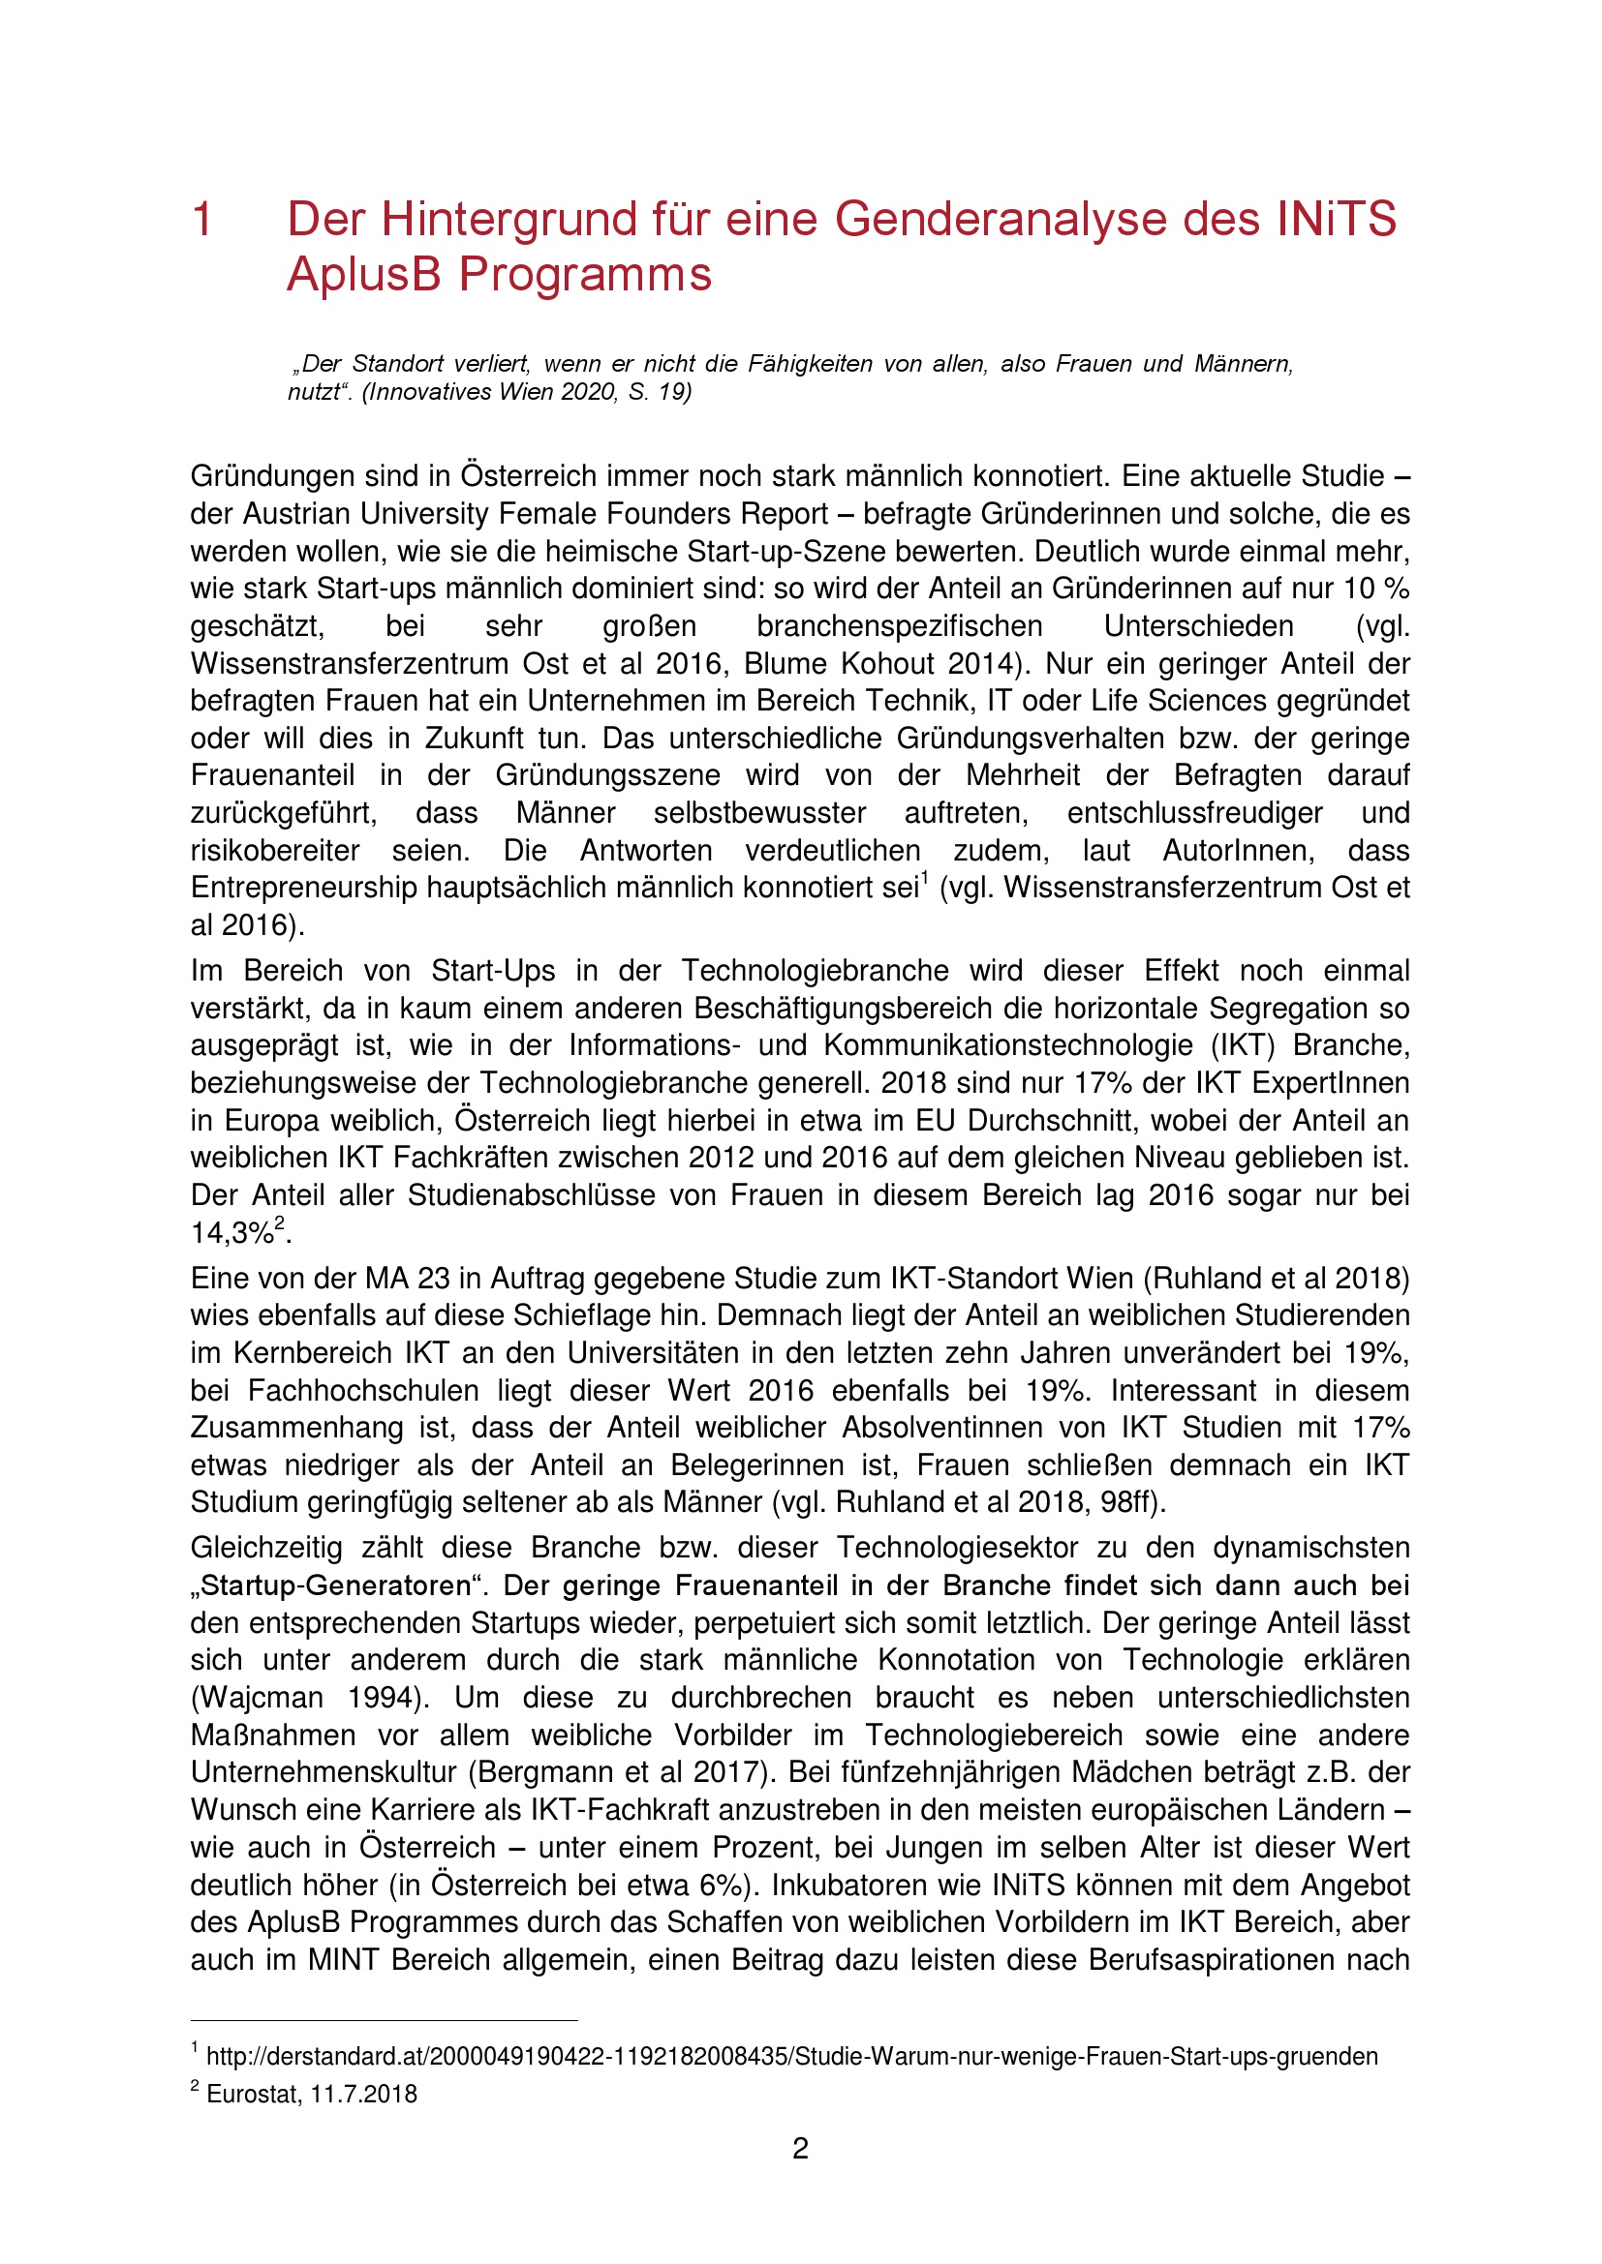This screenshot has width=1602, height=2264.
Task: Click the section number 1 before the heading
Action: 202,219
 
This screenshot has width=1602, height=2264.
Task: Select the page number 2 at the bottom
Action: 800,2148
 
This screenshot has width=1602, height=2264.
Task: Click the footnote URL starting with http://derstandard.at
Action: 791,2056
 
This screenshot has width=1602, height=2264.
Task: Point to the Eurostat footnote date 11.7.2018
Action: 363,2094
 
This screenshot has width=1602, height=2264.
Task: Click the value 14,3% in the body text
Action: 231,1232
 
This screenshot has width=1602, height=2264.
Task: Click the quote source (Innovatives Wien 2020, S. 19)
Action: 527,391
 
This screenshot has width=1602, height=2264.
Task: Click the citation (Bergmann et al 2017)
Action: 620,1772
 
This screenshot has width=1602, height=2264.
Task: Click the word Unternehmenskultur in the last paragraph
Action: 323,1772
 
